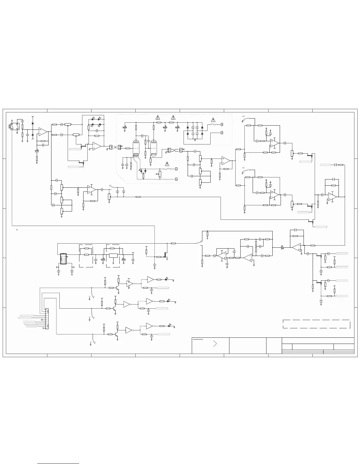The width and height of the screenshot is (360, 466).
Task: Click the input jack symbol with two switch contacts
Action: pos(14,127)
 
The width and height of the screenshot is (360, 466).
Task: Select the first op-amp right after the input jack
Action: pos(43,132)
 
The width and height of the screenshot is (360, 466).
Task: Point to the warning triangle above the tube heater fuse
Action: pos(167,164)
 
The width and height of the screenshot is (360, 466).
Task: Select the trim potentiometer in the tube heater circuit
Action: pos(160,174)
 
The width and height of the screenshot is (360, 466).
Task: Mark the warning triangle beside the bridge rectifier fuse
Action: pos(214,119)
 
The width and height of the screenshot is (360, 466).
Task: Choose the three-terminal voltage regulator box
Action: pos(113,255)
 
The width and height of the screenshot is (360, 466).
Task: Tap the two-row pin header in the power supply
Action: pos(63,259)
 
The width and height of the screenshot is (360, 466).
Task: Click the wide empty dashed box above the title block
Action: pos(316,324)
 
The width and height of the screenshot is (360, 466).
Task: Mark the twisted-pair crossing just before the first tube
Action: pos(115,147)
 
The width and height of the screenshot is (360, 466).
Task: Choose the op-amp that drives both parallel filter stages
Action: pos(226,161)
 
